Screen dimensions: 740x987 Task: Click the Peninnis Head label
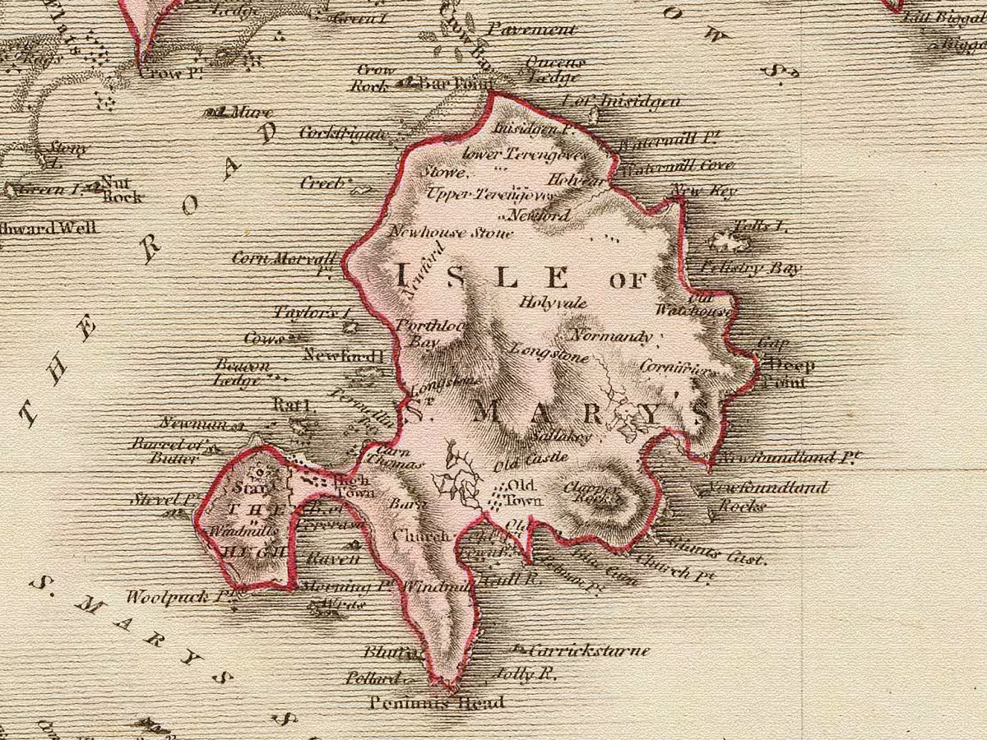[436, 703]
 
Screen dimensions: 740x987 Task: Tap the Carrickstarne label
[589, 650]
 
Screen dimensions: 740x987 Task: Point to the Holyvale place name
[553, 303]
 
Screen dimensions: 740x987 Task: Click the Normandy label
[611, 336]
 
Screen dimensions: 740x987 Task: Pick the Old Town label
[523, 492]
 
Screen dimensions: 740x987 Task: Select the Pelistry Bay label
[750, 268]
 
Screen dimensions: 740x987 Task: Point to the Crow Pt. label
[169, 72]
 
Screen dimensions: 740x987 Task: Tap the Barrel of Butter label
[164, 451]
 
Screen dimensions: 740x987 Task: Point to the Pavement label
[531, 30]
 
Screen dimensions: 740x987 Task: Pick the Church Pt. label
[674, 570]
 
